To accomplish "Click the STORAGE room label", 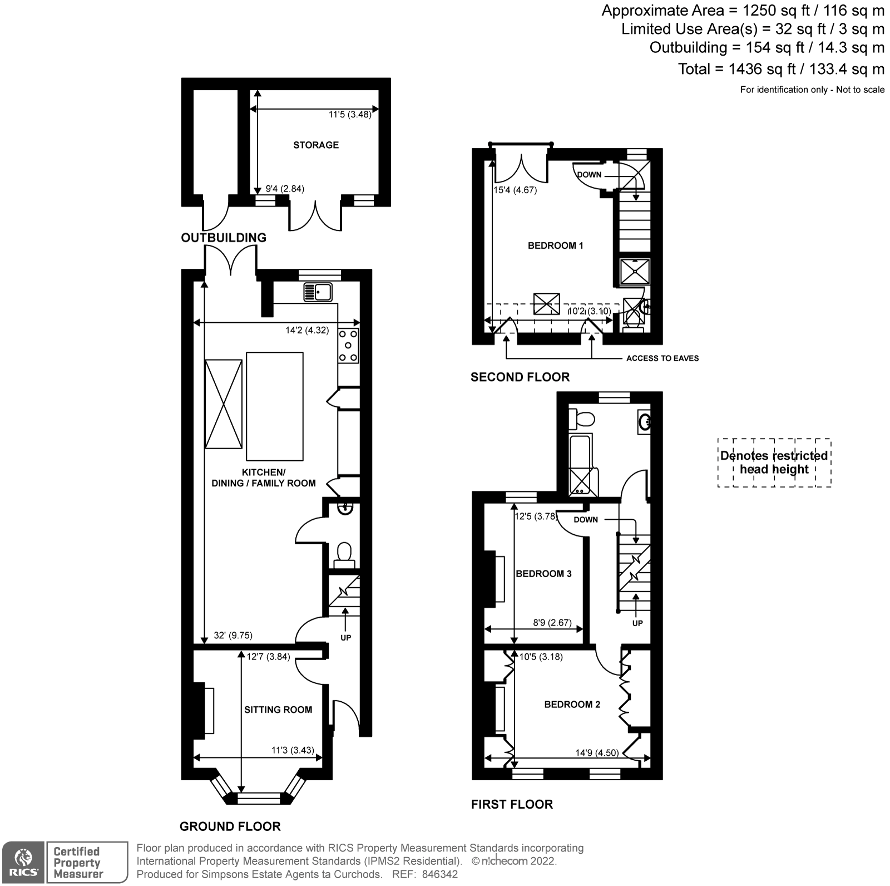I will coord(315,145).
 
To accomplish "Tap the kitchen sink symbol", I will coord(318,292).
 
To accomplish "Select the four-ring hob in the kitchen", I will coord(348,346).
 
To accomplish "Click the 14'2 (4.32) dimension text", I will coord(307,330).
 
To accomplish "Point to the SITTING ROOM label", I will coord(278,710).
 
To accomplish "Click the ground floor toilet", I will coord(345,554).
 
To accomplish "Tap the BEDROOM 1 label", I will coord(555,245).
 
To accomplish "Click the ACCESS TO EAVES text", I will coord(662,358).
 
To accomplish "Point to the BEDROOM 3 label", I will coord(543,574).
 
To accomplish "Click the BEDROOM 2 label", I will coord(572,705).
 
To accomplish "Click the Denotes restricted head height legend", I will coord(774,462).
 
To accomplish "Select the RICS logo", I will coord(23,862).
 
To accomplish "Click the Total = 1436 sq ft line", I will coord(780,69).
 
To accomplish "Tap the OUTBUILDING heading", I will coord(224,238).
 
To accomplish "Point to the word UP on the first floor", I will coord(637,623).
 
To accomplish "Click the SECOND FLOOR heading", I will coord(520,377).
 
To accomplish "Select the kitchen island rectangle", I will coord(275,406).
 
